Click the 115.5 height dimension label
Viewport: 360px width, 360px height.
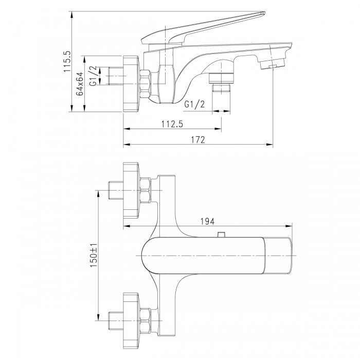(67, 62)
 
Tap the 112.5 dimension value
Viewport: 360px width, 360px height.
(172, 124)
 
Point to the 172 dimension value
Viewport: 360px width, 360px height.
(198, 140)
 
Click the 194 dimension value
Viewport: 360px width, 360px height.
(208, 222)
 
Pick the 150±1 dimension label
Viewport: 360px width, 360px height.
(94, 256)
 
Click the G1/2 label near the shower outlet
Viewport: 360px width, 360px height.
(194, 104)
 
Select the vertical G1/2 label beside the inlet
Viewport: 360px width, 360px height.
(93, 76)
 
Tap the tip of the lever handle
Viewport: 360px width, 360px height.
(264, 12)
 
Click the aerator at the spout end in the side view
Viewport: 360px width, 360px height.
(273, 63)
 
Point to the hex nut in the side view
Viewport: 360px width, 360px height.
(146, 84)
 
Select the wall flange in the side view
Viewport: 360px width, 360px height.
(131, 84)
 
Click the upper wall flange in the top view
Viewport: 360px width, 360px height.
(131, 191)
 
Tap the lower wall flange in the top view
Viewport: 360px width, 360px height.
(131, 320)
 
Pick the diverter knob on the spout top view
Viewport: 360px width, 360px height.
(221, 235)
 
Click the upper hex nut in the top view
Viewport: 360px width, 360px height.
(146, 191)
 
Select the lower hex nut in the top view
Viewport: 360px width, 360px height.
(146, 320)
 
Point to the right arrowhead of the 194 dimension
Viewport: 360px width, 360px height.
(289, 226)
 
